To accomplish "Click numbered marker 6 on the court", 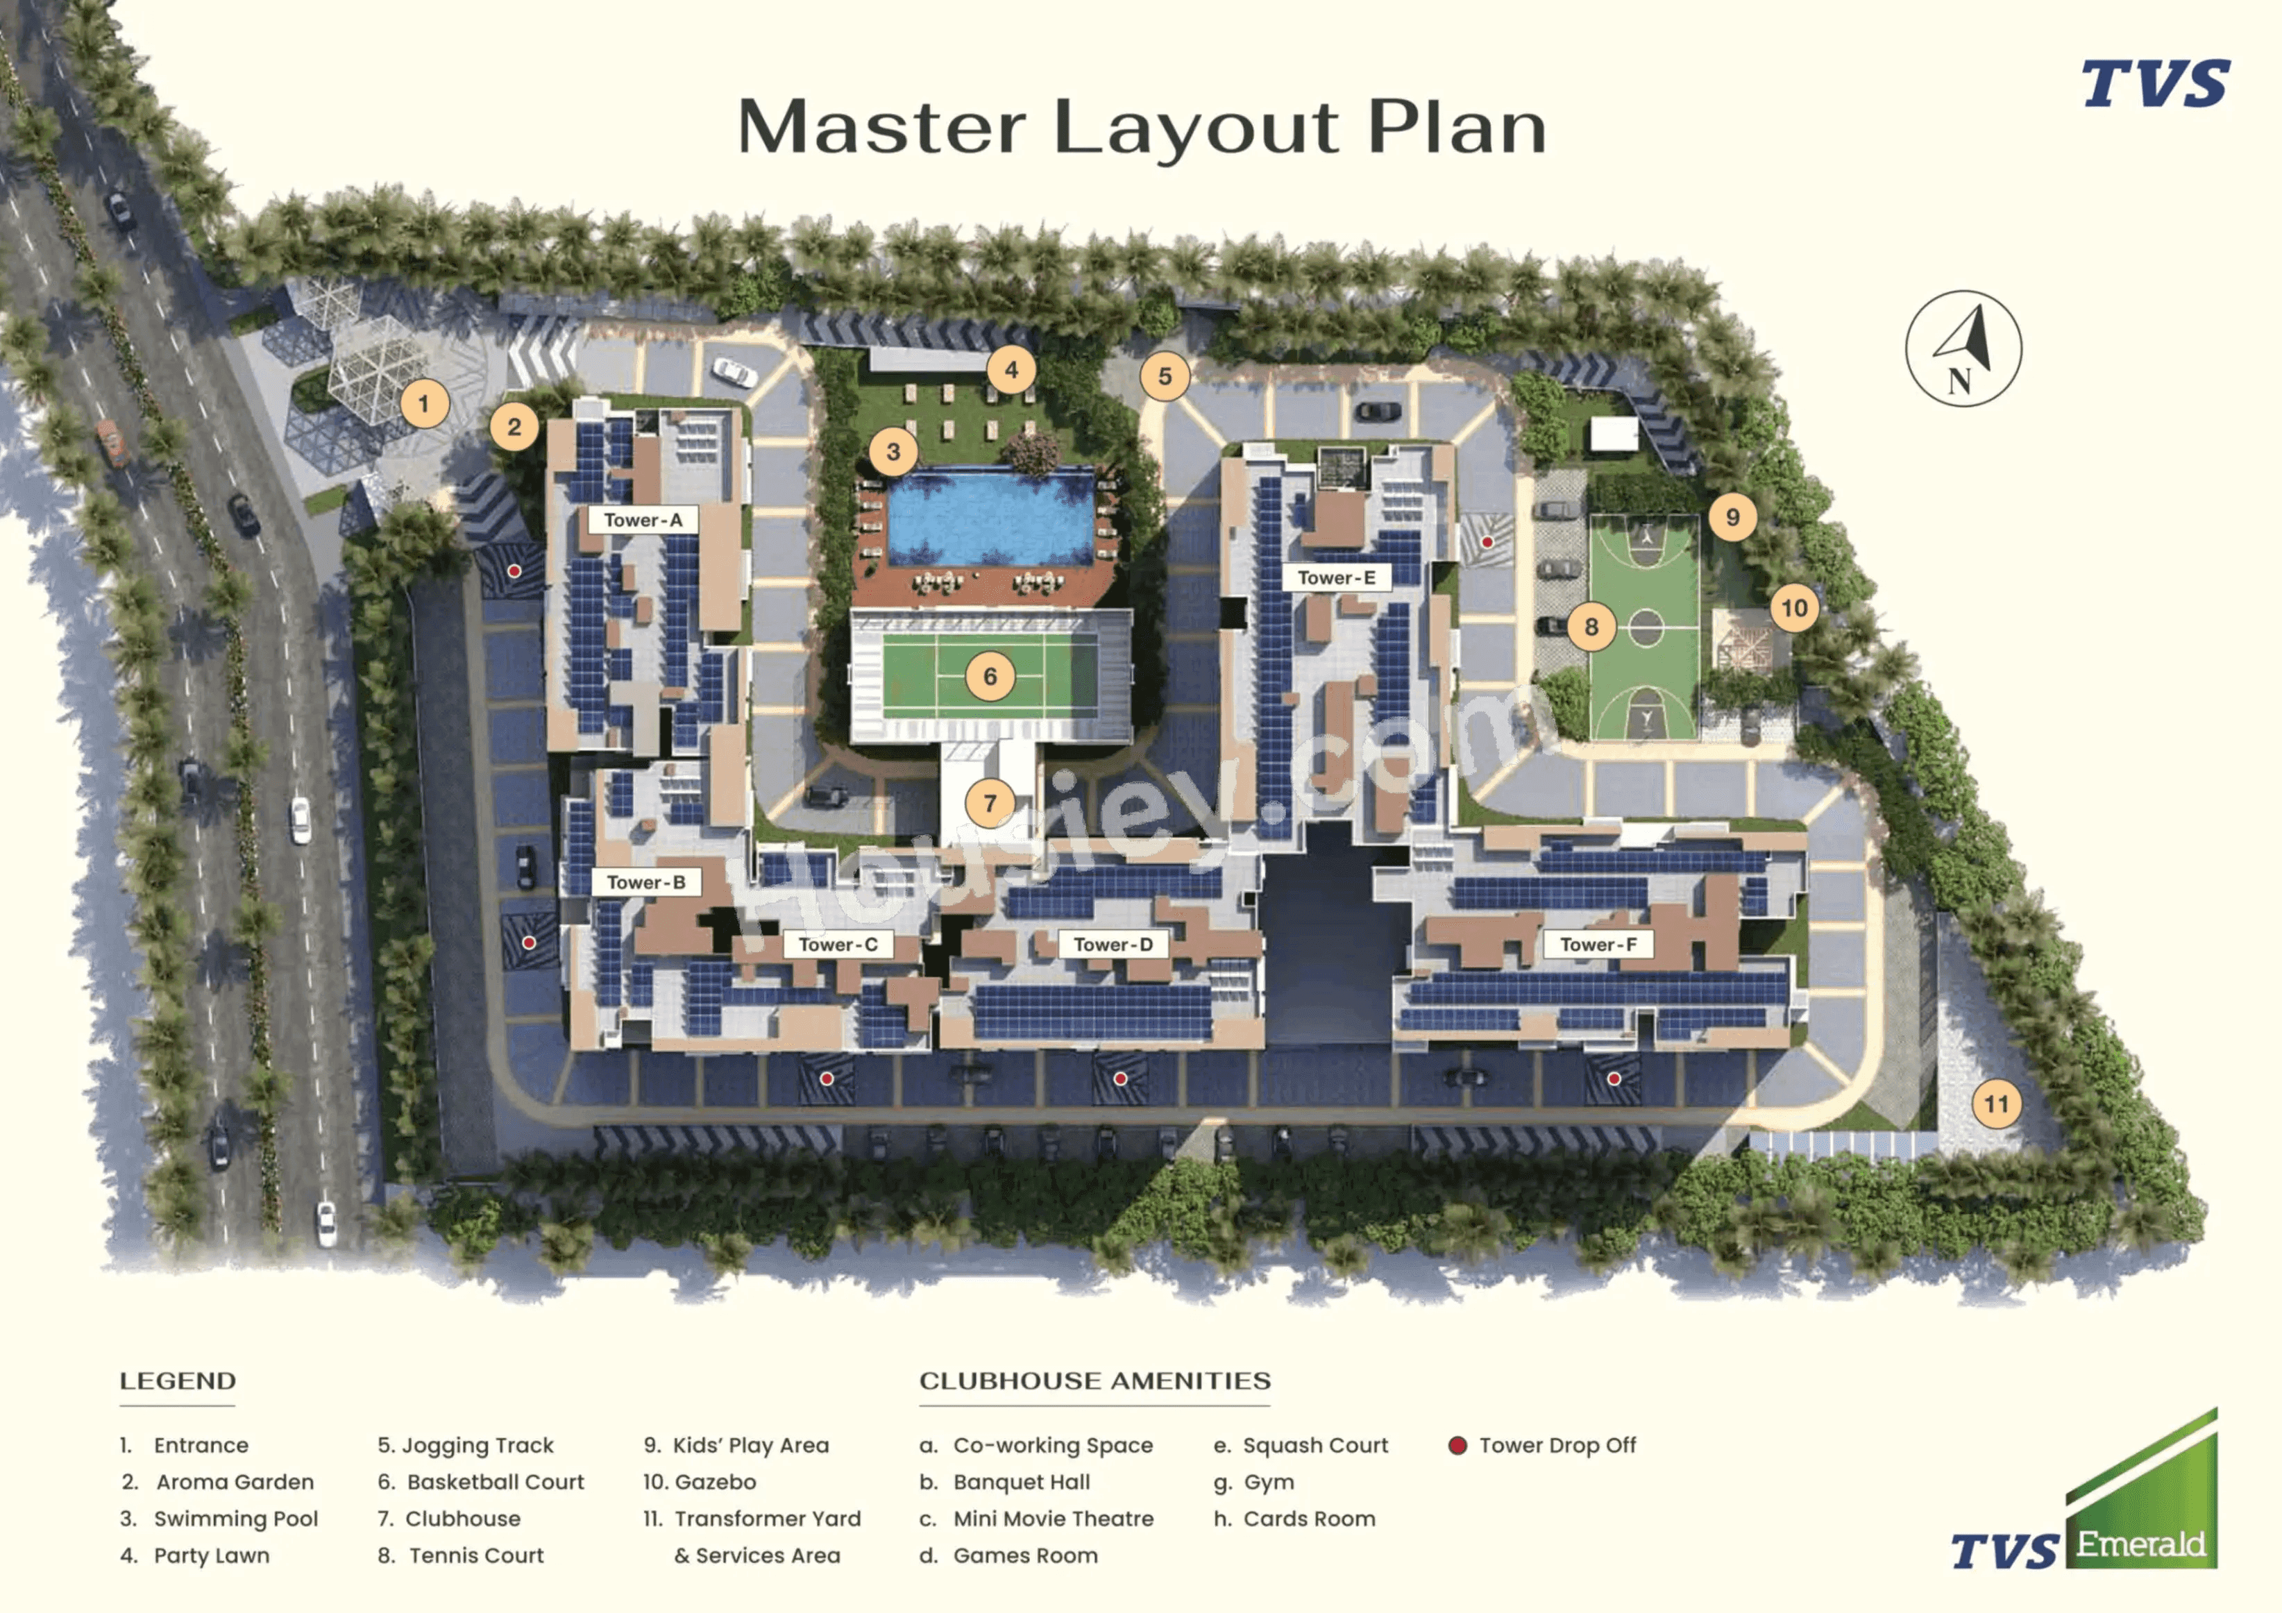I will click(x=990, y=677).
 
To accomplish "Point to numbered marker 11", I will click(x=1996, y=1104).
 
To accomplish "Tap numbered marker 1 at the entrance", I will click(x=424, y=403).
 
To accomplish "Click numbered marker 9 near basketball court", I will click(x=1732, y=517).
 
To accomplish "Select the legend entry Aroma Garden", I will click(x=235, y=1482).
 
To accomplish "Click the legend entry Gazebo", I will click(x=715, y=1482).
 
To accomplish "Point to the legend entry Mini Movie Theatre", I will click(x=1053, y=1519).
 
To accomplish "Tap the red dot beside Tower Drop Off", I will click(x=1457, y=1445).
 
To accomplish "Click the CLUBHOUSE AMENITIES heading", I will click(x=1094, y=1380).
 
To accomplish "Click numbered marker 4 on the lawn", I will click(x=1011, y=370).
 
